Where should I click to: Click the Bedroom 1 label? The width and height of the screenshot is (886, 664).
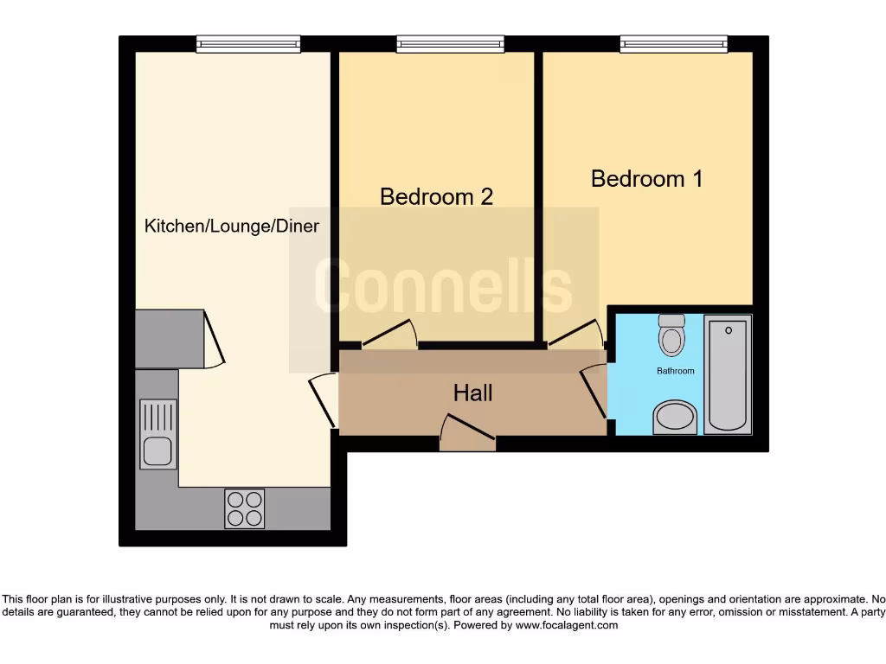pyautogui.click(x=646, y=179)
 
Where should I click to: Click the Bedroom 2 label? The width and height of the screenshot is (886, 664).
pyautogui.click(x=436, y=197)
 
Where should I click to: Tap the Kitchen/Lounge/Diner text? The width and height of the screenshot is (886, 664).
pyautogui.click(x=231, y=227)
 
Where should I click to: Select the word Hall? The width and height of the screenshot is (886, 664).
pyautogui.click(x=472, y=393)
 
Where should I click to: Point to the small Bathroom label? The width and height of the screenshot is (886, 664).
pyautogui.click(x=675, y=371)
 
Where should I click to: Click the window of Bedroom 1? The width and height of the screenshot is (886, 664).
pyautogui.click(x=673, y=43)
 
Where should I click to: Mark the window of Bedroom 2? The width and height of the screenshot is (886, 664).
pyautogui.click(x=450, y=43)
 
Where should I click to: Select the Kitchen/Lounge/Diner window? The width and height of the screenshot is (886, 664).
pyautogui.click(x=248, y=43)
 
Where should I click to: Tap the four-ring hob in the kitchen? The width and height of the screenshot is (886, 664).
pyautogui.click(x=244, y=508)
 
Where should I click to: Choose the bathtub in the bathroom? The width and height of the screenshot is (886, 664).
pyautogui.click(x=728, y=373)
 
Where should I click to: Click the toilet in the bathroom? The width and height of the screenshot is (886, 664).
pyautogui.click(x=671, y=335)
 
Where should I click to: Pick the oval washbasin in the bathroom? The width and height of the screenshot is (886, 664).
pyautogui.click(x=675, y=417)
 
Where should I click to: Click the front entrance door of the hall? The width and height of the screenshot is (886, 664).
pyautogui.click(x=467, y=434)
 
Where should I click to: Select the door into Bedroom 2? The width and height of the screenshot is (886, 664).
pyautogui.click(x=390, y=335)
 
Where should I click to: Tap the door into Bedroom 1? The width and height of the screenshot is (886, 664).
pyautogui.click(x=575, y=334)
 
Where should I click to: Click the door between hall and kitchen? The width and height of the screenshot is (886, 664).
pyautogui.click(x=322, y=399)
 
